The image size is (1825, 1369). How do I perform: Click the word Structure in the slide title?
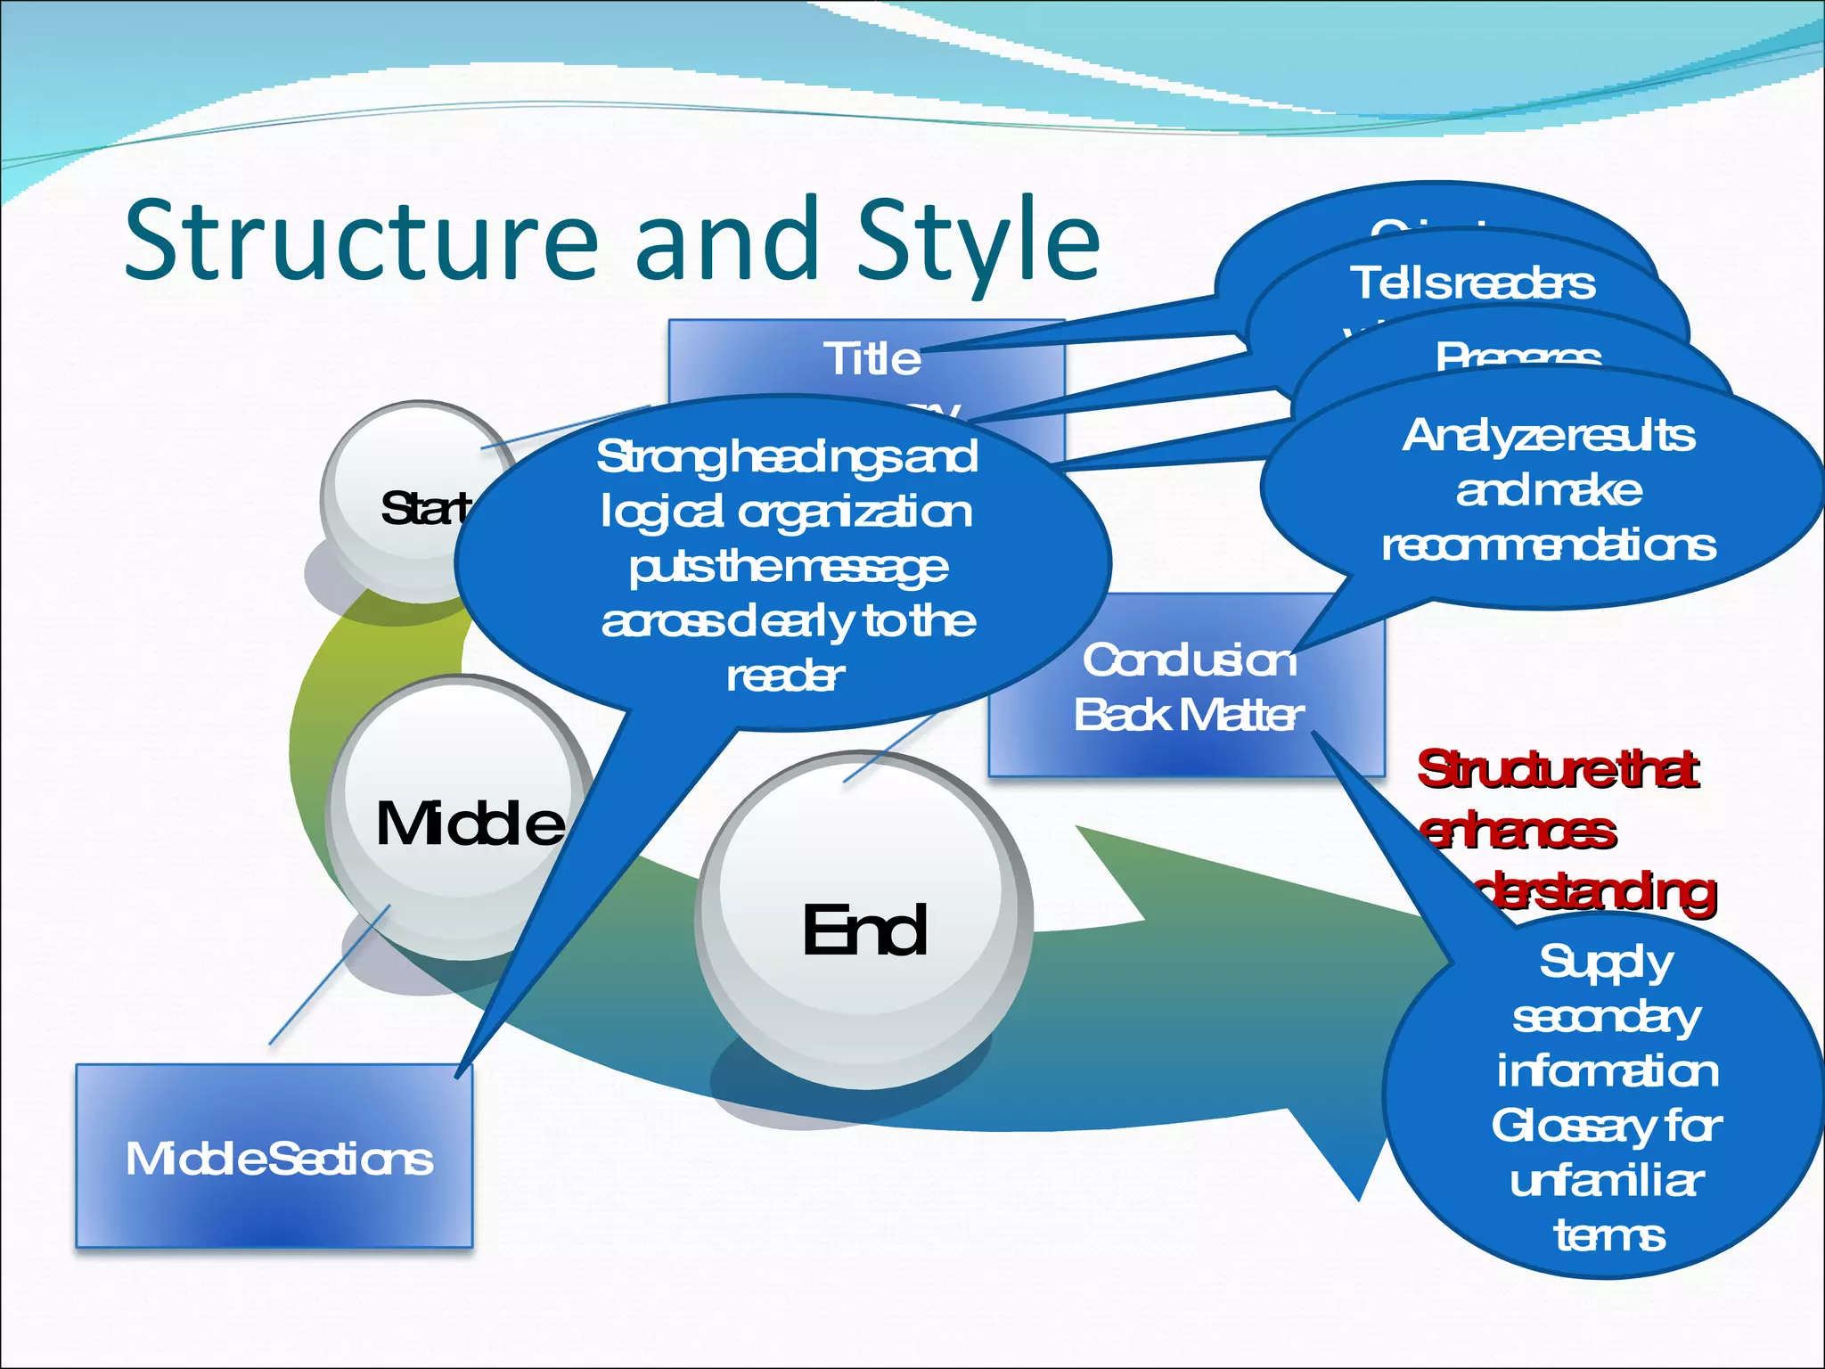[361, 239]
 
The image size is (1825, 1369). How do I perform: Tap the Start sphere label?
[423, 508]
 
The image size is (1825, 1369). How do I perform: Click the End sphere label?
[864, 930]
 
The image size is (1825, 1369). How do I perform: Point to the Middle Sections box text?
[279, 1159]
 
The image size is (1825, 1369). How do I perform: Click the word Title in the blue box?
[872, 358]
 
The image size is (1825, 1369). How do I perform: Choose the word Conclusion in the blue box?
[1188, 660]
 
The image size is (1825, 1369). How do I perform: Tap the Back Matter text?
[1188, 715]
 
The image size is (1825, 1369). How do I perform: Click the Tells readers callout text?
[1472, 283]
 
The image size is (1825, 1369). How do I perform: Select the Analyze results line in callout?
[1548, 436]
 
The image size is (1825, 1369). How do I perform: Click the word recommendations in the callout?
[1548, 545]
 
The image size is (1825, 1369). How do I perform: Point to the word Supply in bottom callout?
[1606, 962]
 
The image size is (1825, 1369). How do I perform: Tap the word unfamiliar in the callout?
[1606, 1181]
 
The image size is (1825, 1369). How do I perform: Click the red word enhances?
[1518, 831]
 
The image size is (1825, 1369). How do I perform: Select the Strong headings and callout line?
[786, 456]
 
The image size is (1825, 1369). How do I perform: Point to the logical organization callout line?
[786, 512]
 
